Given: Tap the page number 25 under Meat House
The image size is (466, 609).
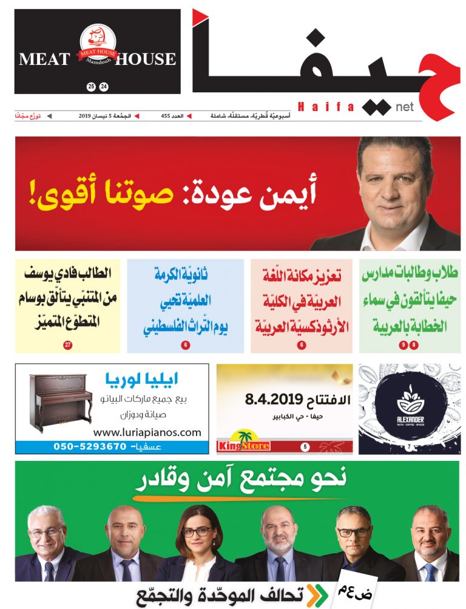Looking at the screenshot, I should [x=91, y=87].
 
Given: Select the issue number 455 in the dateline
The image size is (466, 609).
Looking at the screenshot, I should [x=168, y=115].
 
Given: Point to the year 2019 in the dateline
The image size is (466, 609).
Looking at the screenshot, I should [x=88, y=115].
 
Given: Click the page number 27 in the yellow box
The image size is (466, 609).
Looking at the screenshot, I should [x=67, y=345].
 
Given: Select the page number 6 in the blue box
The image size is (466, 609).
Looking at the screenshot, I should [x=185, y=345].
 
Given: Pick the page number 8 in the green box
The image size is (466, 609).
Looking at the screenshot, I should [x=414, y=345].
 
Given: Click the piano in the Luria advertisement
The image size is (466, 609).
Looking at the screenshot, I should [x=61, y=401].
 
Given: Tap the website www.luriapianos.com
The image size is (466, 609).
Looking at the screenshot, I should [x=147, y=433].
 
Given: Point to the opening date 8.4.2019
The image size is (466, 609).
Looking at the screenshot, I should [x=273, y=400].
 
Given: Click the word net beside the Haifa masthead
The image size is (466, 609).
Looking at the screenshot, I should [x=404, y=107].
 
